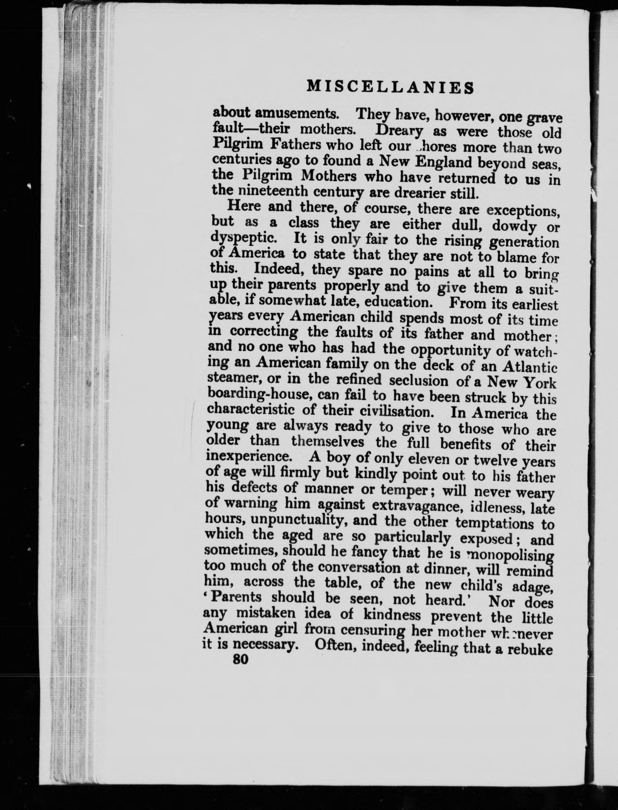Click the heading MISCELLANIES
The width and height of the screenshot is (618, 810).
pyautogui.click(x=390, y=87)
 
